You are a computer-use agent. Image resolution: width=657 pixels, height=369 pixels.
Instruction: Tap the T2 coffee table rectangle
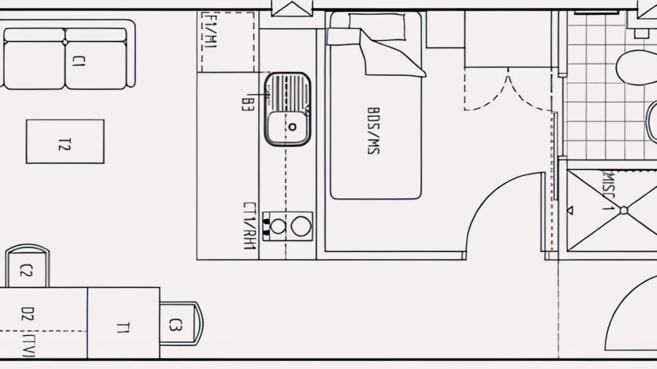tap(65, 141)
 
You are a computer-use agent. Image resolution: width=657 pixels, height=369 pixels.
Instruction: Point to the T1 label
tap(123, 327)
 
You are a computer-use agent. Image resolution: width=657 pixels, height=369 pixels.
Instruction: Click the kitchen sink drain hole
tap(292, 126)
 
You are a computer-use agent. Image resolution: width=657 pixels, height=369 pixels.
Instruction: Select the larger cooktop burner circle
tap(301, 226)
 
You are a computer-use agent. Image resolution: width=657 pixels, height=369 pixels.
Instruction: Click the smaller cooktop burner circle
tap(279, 226)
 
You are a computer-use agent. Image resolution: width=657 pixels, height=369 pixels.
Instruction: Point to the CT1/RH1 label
tap(250, 226)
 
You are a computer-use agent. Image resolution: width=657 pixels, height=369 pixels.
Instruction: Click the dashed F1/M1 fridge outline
tap(227, 42)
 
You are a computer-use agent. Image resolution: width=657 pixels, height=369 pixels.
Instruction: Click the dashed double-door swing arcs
tap(508, 90)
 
